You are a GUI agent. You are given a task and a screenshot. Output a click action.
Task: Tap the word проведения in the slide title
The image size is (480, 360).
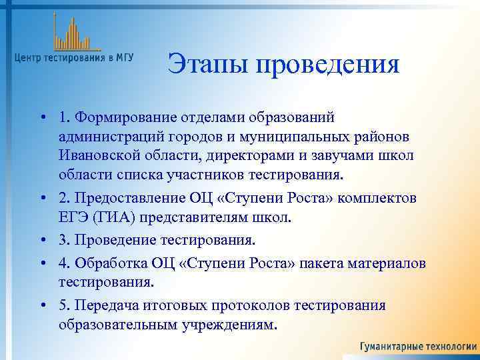(x=325, y=65)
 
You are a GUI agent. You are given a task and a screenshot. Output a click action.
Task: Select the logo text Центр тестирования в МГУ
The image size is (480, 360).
(x=73, y=58)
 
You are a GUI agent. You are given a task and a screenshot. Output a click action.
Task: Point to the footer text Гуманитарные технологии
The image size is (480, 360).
(x=418, y=347)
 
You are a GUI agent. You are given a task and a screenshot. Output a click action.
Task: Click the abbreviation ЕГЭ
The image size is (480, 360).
(x=72, y=218)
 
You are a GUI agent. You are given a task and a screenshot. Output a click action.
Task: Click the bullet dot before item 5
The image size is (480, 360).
(x=42, y=305)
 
